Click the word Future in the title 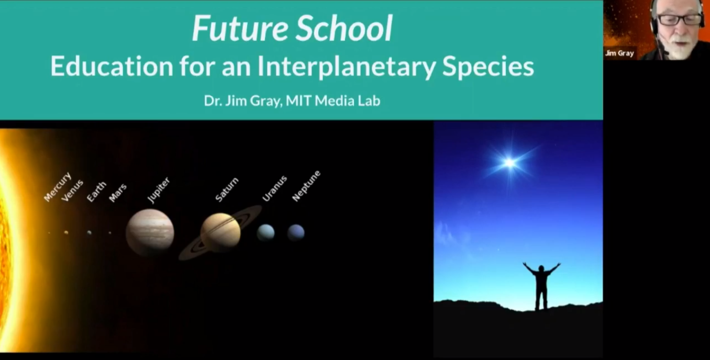[x=240, y=28]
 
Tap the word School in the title [x=345, y=28]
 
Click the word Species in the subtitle [x=488, y=67]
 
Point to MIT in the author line [x=299, y=100]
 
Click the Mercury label [x=58, y=187]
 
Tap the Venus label [x=73, y=190]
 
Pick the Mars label [x=118, y=193]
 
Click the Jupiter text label [x=159, y=190]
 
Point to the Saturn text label [x=227, y=189]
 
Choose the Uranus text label [x=275, y=189]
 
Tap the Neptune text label [x=306, y=186]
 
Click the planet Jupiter [x=150, y=232]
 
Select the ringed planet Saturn [x=220, y=233]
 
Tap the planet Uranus [x=265, y=233]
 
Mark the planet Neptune [x=296, y=233]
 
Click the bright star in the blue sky [x=509, y=163]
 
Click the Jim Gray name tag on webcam [x=619, y=53]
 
